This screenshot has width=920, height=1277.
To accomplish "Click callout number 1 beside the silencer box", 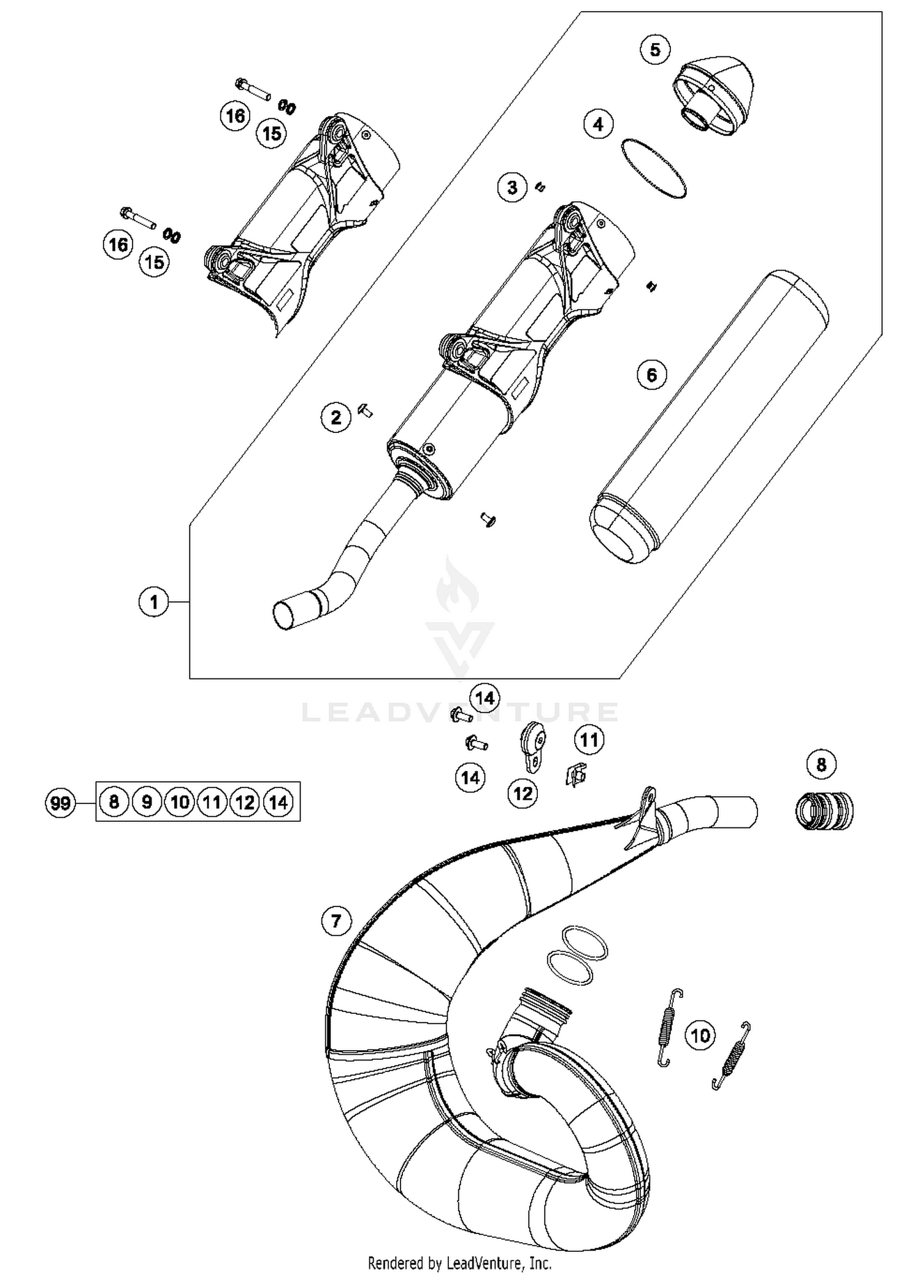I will pos(153,602).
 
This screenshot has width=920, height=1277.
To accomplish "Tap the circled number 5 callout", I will pos(655,49).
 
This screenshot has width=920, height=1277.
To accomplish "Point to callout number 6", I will pos(651,374).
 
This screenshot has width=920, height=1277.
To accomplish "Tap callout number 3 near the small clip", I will pos(512,187).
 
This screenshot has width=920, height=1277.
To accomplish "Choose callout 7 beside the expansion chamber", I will pos(335,921).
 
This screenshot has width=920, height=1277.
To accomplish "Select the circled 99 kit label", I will pos(60,802).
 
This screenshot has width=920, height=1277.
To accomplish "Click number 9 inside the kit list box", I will pos(147,802).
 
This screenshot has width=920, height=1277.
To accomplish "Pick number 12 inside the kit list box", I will pos(245,802).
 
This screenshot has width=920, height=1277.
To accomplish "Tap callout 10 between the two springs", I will pos(700,1035).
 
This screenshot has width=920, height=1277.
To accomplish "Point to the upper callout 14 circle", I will pos(485,698).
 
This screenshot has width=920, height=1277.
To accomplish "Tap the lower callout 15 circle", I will pos(154,262).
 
